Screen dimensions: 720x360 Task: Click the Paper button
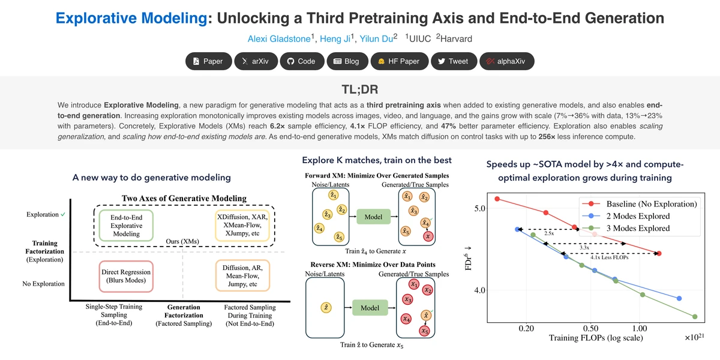pos(208,61)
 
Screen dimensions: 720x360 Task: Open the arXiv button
pos(256,61)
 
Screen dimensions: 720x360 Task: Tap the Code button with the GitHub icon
pos(302,61)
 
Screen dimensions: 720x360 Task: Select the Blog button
pos(347,61)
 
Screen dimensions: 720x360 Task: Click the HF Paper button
pos(400,61)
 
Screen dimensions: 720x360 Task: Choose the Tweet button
pos(454,61)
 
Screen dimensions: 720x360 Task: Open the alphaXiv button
pos(507,61)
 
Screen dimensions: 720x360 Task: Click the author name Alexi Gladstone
pos(279,39)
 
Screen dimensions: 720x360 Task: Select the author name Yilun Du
pos(376,39)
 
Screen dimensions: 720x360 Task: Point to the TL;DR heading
pos(359,89)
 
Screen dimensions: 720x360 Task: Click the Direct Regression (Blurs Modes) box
pos(126,276)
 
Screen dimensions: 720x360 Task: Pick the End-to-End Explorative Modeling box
pos(126,226)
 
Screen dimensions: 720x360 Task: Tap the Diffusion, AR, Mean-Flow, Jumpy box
pos(242,275)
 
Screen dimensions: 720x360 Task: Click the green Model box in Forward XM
pos(373,217)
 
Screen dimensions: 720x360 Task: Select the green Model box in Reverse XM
pos(370,308)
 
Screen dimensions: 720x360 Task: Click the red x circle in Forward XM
pos(428,236)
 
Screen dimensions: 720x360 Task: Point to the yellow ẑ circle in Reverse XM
pos(326,307)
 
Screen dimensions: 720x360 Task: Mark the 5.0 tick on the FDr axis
pos(479,208)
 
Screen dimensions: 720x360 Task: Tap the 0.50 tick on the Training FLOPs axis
pos(591,329)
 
